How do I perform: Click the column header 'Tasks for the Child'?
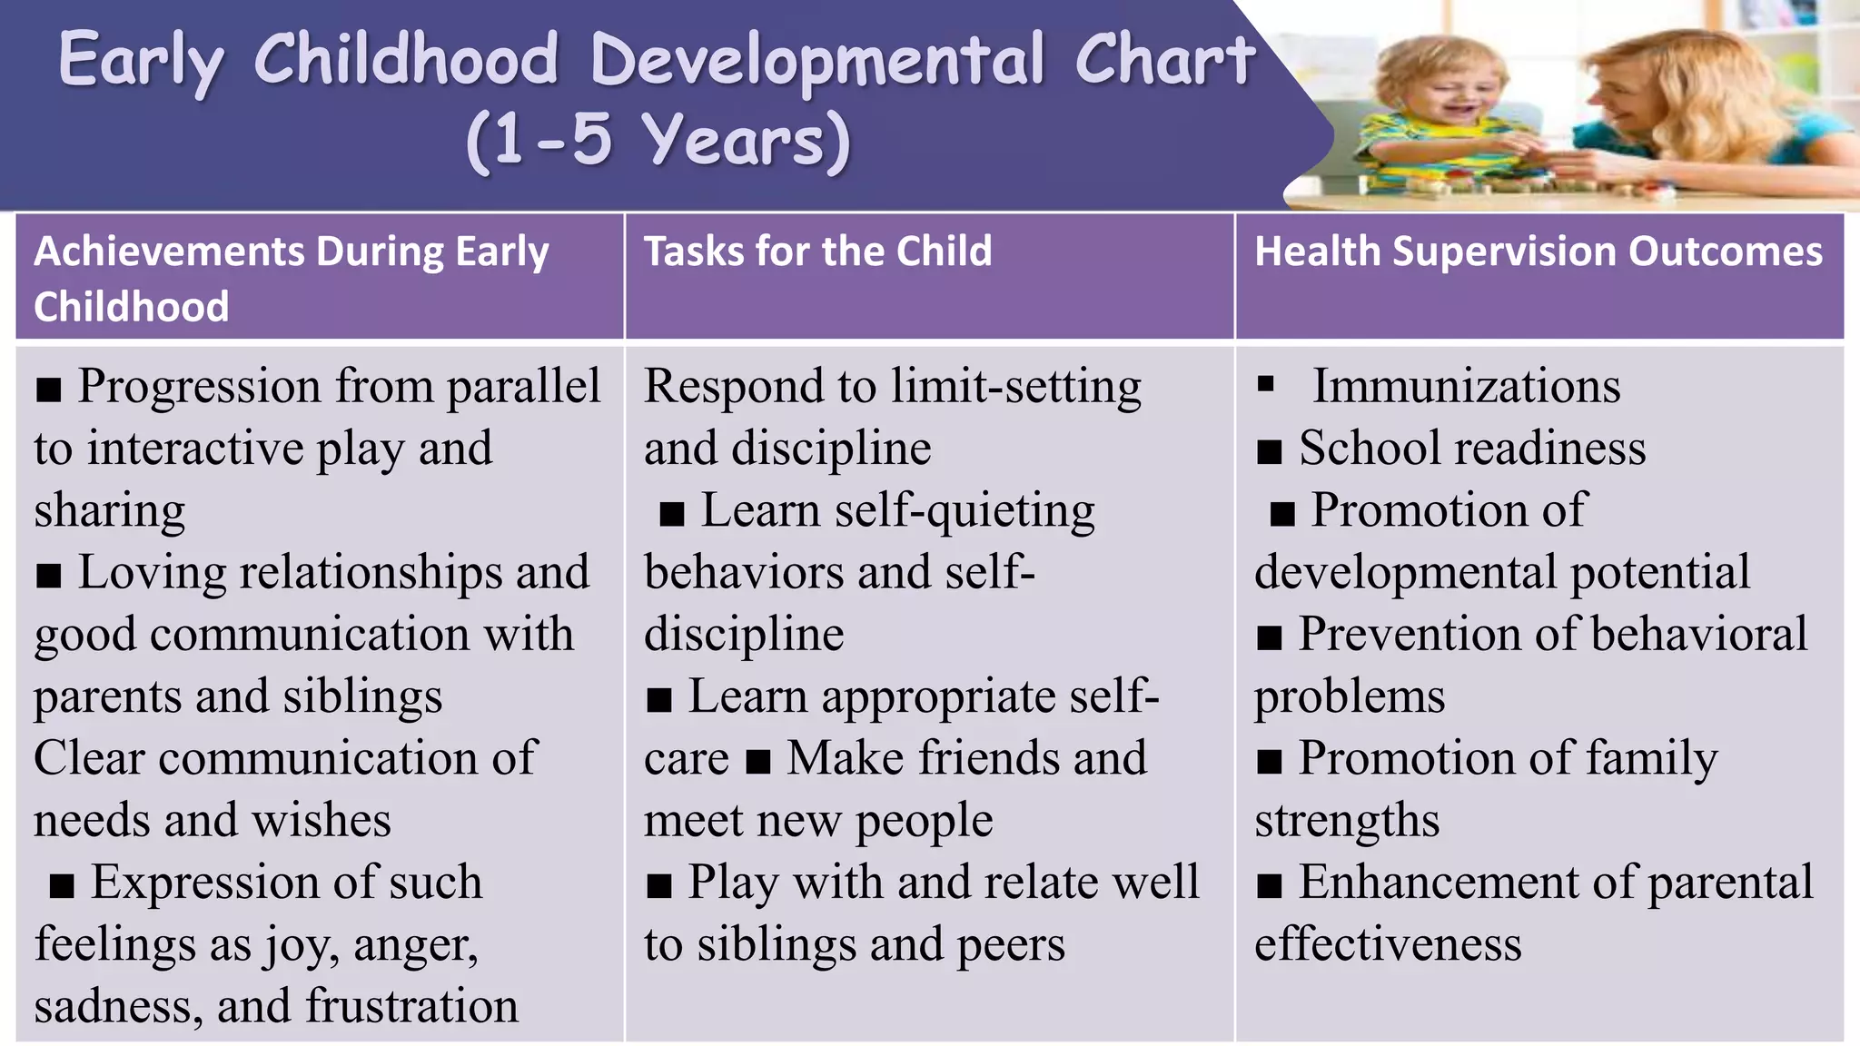817,252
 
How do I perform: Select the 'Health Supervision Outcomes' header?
1538,252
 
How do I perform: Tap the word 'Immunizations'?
1466,386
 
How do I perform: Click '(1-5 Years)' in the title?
658,142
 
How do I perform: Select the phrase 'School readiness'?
1471,449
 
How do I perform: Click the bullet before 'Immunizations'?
1266,384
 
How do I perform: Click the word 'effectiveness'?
1388,944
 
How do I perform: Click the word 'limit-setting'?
1016,386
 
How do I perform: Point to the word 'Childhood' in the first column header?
132,307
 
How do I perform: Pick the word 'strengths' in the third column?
1347,821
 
